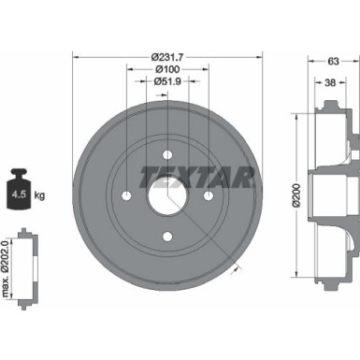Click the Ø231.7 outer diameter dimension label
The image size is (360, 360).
(x=166, y=57)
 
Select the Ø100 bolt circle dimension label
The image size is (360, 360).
(x=166, y=69)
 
